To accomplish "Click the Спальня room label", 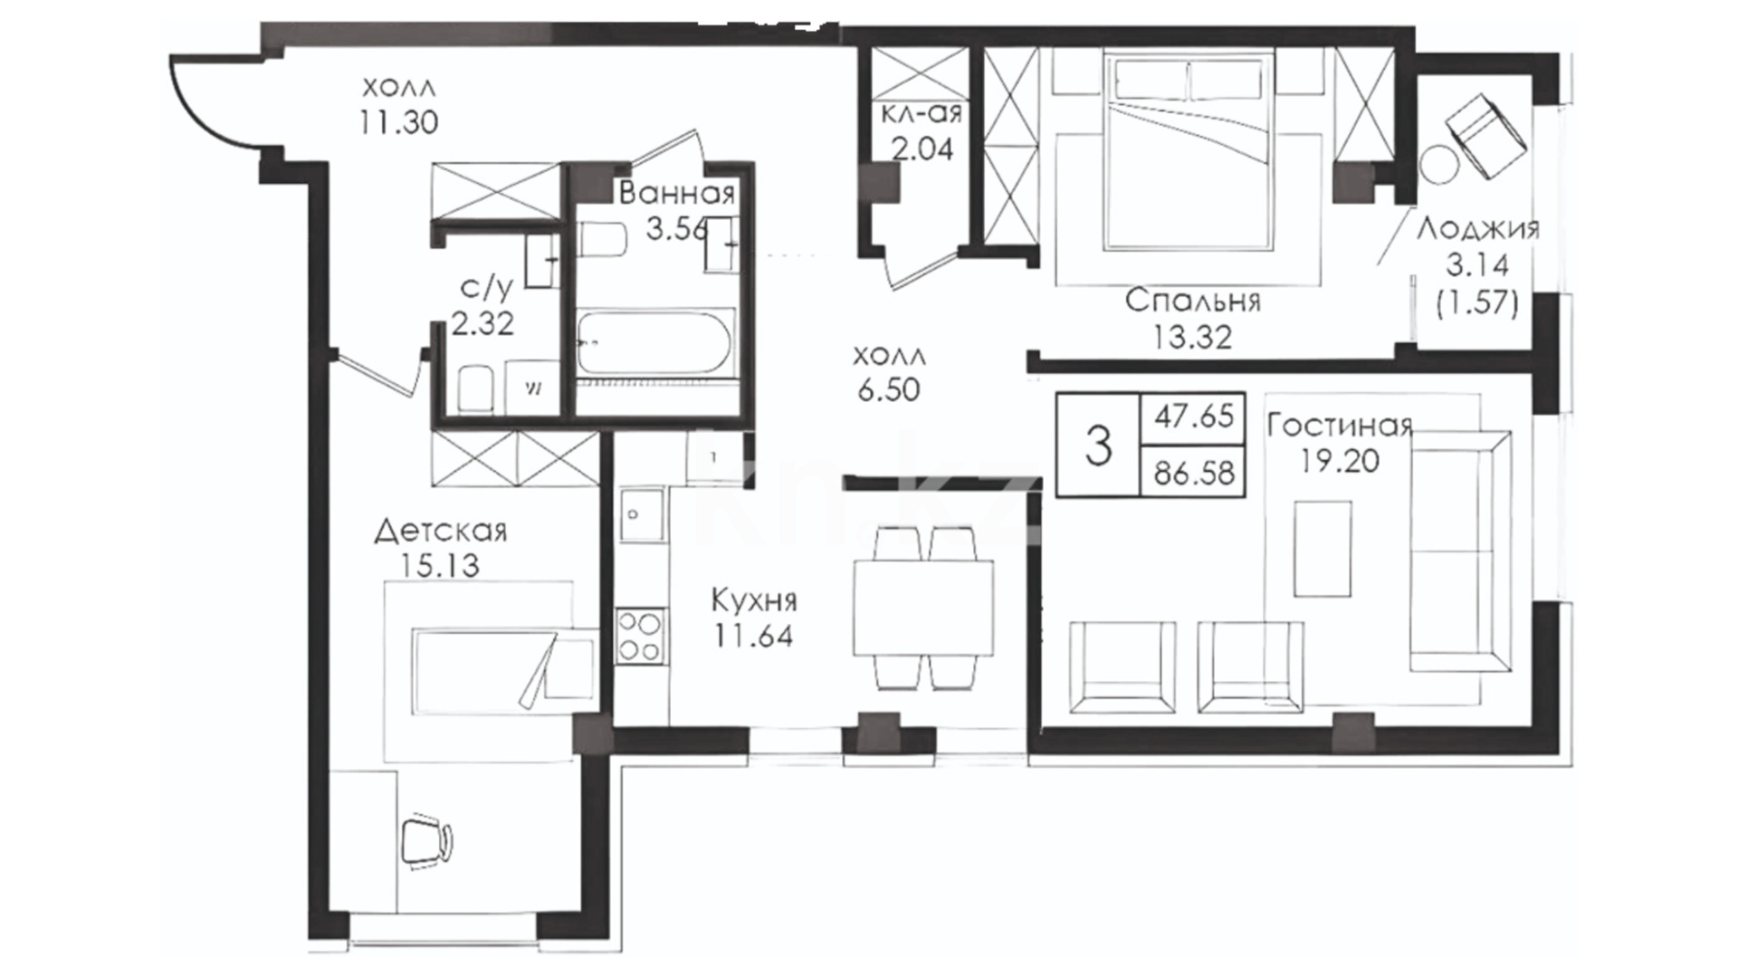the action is coord(1192,301).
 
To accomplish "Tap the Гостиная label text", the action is coord(1340,425).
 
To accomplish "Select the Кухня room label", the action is coord(753,599).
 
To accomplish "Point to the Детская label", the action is coord(441,531).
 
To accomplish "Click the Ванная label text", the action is coord(677,193).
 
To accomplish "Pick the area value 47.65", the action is coord(1194,417).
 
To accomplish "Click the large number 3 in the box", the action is coord(1098,446).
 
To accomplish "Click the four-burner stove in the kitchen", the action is coord(639,637).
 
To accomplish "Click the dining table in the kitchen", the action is coord(923,607).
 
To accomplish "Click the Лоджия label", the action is coord(1477,228).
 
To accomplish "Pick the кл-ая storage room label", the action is coord(922,113).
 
